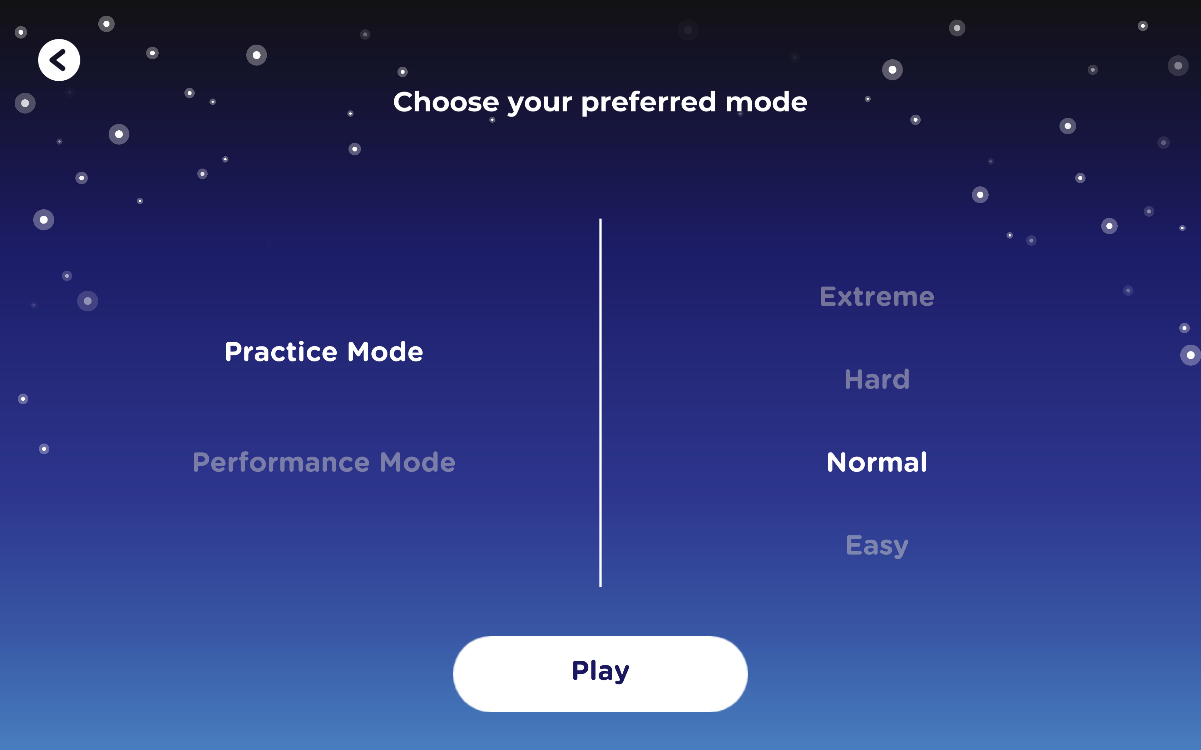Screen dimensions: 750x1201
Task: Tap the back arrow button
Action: click(59, 60)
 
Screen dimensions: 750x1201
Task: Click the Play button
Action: click(600, 674)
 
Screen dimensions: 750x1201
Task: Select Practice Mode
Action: click(323, 352)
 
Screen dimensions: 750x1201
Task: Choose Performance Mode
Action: click(323, 462)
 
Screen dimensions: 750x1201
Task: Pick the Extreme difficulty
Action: click(876, 297)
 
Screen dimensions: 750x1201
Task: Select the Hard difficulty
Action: click(876, 379)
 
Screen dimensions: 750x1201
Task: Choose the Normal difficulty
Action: click(876, 462)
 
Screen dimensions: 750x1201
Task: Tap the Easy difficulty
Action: click(876, 545)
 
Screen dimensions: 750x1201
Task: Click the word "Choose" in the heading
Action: click(446, 102)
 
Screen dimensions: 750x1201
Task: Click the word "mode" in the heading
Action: click(766, 102)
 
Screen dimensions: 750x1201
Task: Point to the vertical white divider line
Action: click(600, 402)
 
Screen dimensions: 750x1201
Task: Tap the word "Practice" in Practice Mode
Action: click(281, 352)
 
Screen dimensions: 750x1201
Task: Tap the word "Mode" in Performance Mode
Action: click(417, 462)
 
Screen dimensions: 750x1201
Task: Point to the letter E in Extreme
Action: click(828, 297)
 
